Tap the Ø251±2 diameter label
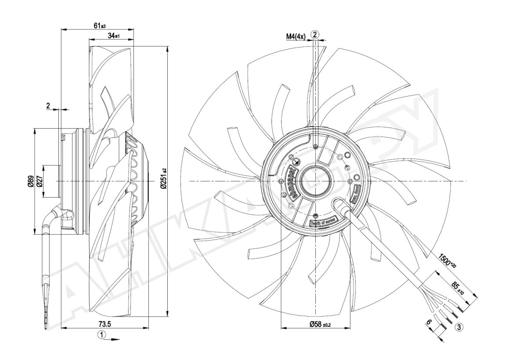click(163, 179)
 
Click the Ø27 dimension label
click(39, 181)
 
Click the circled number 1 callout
click(101, 335)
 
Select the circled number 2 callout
click(315, 34)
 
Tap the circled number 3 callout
click(459, 326)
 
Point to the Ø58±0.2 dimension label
click(320, 324)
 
